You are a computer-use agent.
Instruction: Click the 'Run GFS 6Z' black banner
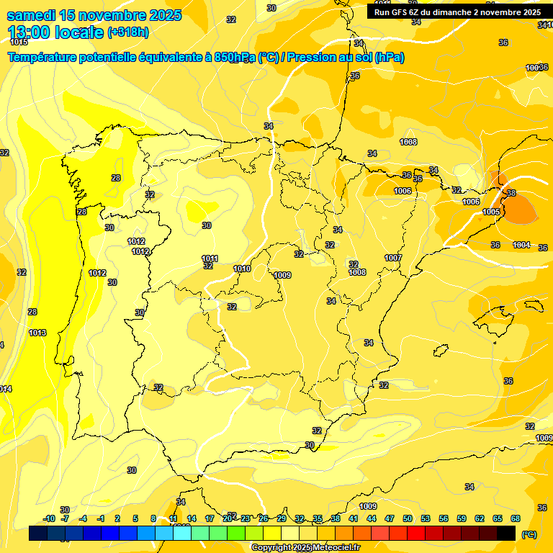click(x=457, y=12)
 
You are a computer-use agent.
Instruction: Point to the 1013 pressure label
click(x=37, y=333)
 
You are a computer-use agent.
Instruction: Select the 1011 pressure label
click(x=210, y=258)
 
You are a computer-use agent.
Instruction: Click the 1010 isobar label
click(x=242, y=269)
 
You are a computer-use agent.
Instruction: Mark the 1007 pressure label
click(x=392, y=258)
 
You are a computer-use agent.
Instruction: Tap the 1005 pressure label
click(x=491, y=212)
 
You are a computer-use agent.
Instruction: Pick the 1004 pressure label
click(x=521, y=246)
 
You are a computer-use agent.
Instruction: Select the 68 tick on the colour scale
click(x=516, y=518)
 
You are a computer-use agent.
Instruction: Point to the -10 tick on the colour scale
click(x=49, y=518)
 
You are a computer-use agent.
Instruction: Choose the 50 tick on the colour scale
click(x=408, y=518)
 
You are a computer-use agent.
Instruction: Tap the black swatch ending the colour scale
click(x=507, y=533)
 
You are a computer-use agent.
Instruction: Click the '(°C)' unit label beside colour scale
click(x=529, y=534)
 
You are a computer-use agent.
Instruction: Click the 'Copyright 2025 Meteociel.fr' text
click(x=306, y=547)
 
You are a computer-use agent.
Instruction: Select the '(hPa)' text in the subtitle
click(x=389, y=58)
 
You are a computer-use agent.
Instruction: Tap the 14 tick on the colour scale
click(x=192, y=518)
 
